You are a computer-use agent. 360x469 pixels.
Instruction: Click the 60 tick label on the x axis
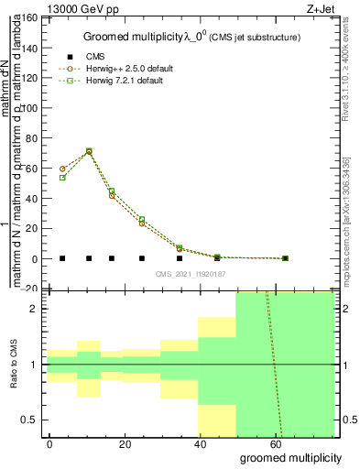pos(275,443)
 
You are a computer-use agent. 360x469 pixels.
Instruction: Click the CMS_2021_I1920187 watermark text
pos(190,274)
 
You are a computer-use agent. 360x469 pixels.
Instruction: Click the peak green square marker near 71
pos(89,151)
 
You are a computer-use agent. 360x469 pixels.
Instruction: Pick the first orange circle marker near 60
pos(62,169)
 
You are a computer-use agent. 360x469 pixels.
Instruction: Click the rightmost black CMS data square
pos(286,258)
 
